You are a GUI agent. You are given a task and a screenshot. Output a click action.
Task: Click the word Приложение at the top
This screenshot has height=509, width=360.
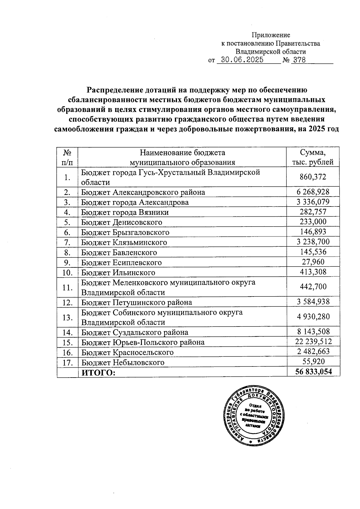(271, 35)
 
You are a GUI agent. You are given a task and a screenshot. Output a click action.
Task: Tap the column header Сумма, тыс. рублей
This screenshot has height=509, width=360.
(313, 157)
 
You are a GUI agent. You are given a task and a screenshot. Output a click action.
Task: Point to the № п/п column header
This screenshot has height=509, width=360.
(67, 157)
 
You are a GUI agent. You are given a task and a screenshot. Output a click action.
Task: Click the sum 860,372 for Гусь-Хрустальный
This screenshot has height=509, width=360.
(313, 177)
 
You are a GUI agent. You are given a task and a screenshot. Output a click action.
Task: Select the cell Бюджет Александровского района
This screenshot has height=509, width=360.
(143, 192)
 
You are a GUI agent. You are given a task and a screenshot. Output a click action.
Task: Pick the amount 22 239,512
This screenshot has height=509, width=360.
(313, 342)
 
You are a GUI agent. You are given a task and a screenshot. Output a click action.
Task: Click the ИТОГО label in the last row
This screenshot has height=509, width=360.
(99, 372)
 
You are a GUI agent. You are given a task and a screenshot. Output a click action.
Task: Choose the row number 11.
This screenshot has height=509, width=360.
(67, 287)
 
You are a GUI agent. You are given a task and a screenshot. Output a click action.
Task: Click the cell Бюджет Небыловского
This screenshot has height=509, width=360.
(123, 362)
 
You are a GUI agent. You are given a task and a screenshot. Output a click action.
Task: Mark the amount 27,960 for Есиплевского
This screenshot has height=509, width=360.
(313, 262)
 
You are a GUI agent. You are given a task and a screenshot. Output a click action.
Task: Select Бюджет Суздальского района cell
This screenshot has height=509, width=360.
(135, 332)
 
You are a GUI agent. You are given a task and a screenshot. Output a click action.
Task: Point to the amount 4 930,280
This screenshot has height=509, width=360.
(313, 317)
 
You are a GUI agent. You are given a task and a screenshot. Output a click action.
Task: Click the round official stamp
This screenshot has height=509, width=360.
(254, 415)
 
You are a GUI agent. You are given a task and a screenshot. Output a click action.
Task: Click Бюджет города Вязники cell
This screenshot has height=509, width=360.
(125, 212)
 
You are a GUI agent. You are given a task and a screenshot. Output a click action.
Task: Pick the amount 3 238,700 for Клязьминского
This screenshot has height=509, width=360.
(313, 242)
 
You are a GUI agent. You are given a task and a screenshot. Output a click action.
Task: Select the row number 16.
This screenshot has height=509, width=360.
(67, 352)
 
